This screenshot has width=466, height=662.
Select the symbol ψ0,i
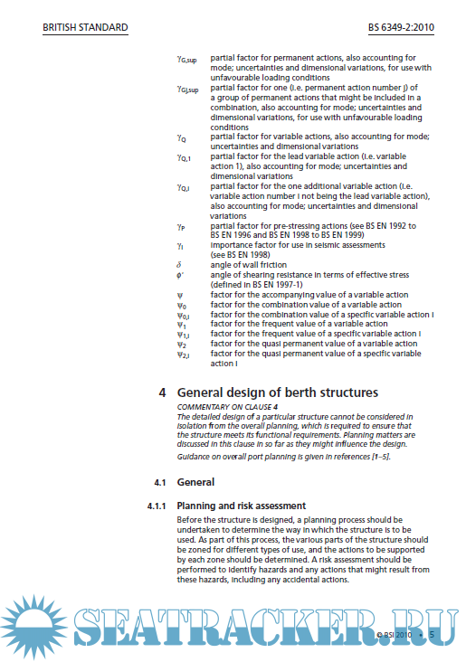click(184, 315)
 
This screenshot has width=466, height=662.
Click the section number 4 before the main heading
click(162, 393)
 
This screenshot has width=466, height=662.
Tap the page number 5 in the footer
click(433, 636)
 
